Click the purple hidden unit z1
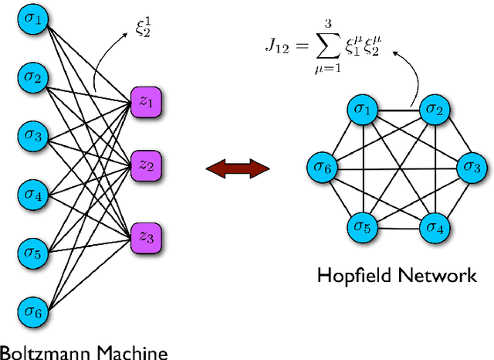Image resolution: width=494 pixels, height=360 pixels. coord(146,100)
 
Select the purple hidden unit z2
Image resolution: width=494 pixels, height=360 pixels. coord(146,165)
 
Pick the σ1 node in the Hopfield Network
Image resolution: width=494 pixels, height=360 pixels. coord(360,110)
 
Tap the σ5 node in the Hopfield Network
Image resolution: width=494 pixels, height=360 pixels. coord(360,227)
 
